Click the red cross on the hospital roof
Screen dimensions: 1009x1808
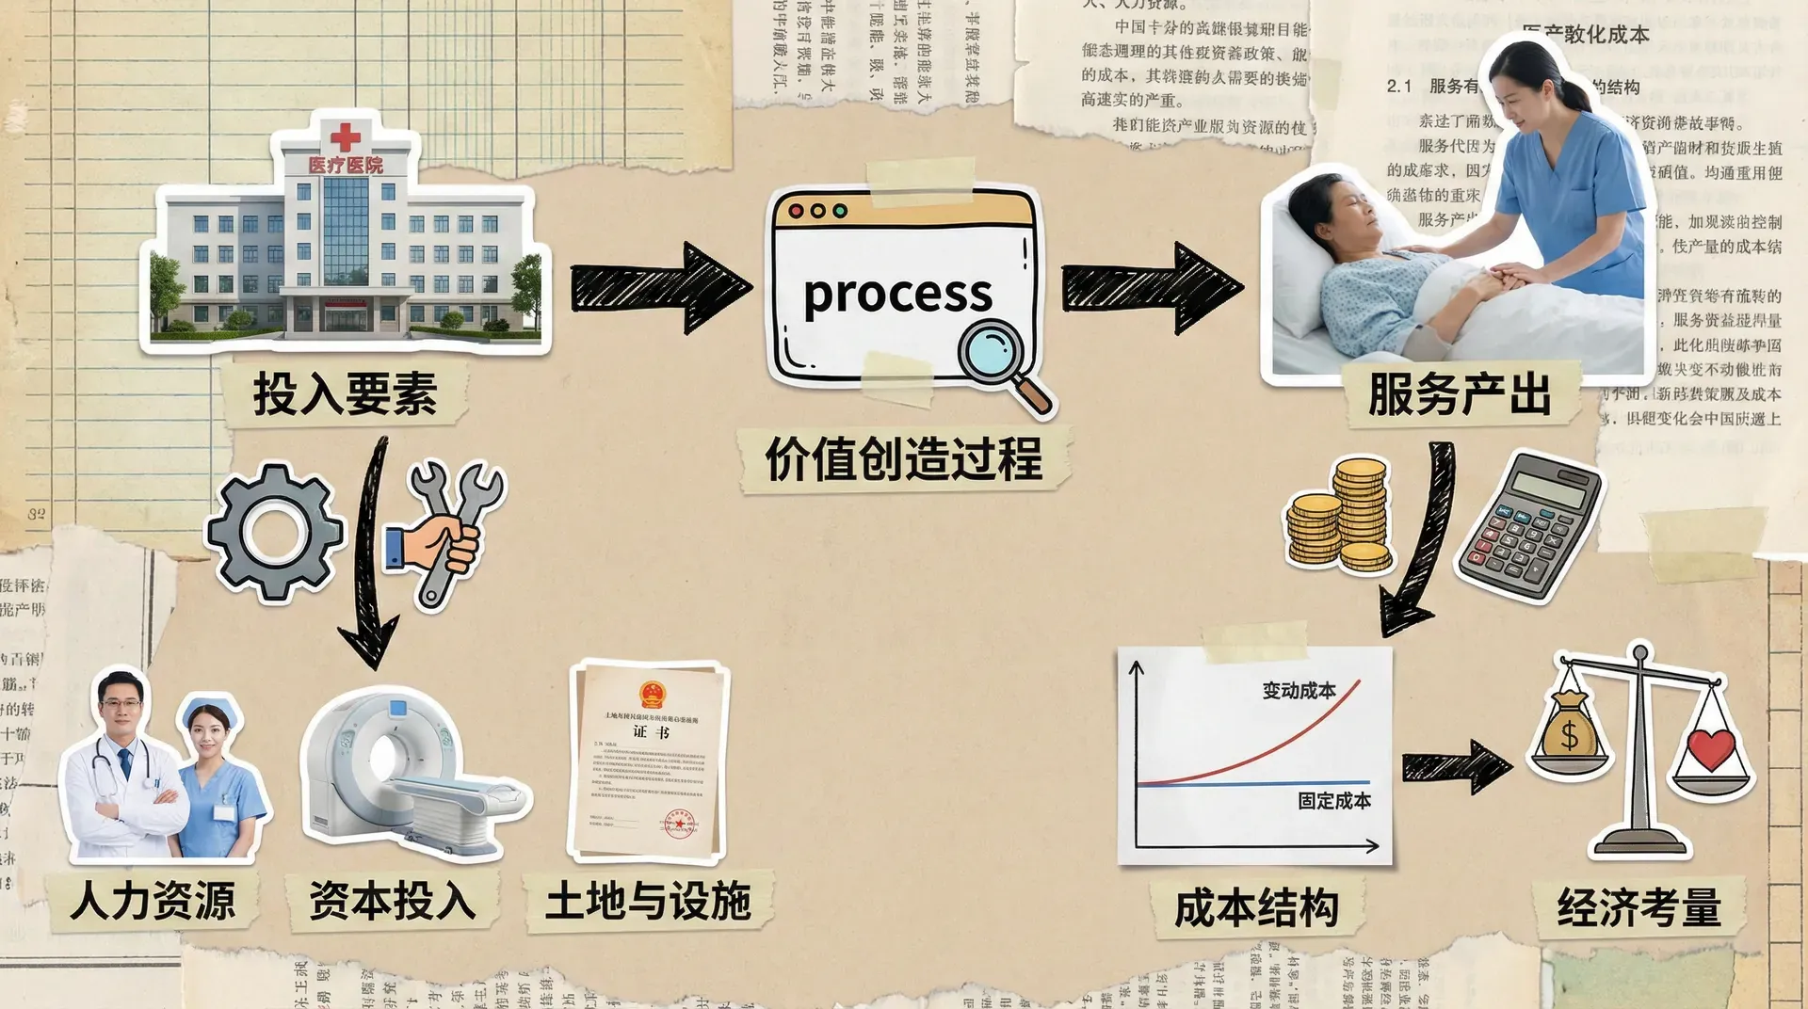(345, 137)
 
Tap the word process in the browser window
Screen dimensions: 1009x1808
(897, 295)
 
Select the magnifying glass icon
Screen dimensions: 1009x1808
(1000, 360)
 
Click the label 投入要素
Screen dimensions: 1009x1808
(345, 393)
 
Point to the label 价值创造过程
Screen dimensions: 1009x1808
(903, 460)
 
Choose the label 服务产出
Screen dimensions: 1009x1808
(1459, 393)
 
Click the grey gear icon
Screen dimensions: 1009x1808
(274, 532)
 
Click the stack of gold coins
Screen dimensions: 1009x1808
(1341, 516)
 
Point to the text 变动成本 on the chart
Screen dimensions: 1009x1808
(1299, 691)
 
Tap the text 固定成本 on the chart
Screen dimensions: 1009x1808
(1333, 801)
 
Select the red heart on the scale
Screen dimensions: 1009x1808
(1710, 748)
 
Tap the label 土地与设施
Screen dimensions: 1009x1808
(648, 901)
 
